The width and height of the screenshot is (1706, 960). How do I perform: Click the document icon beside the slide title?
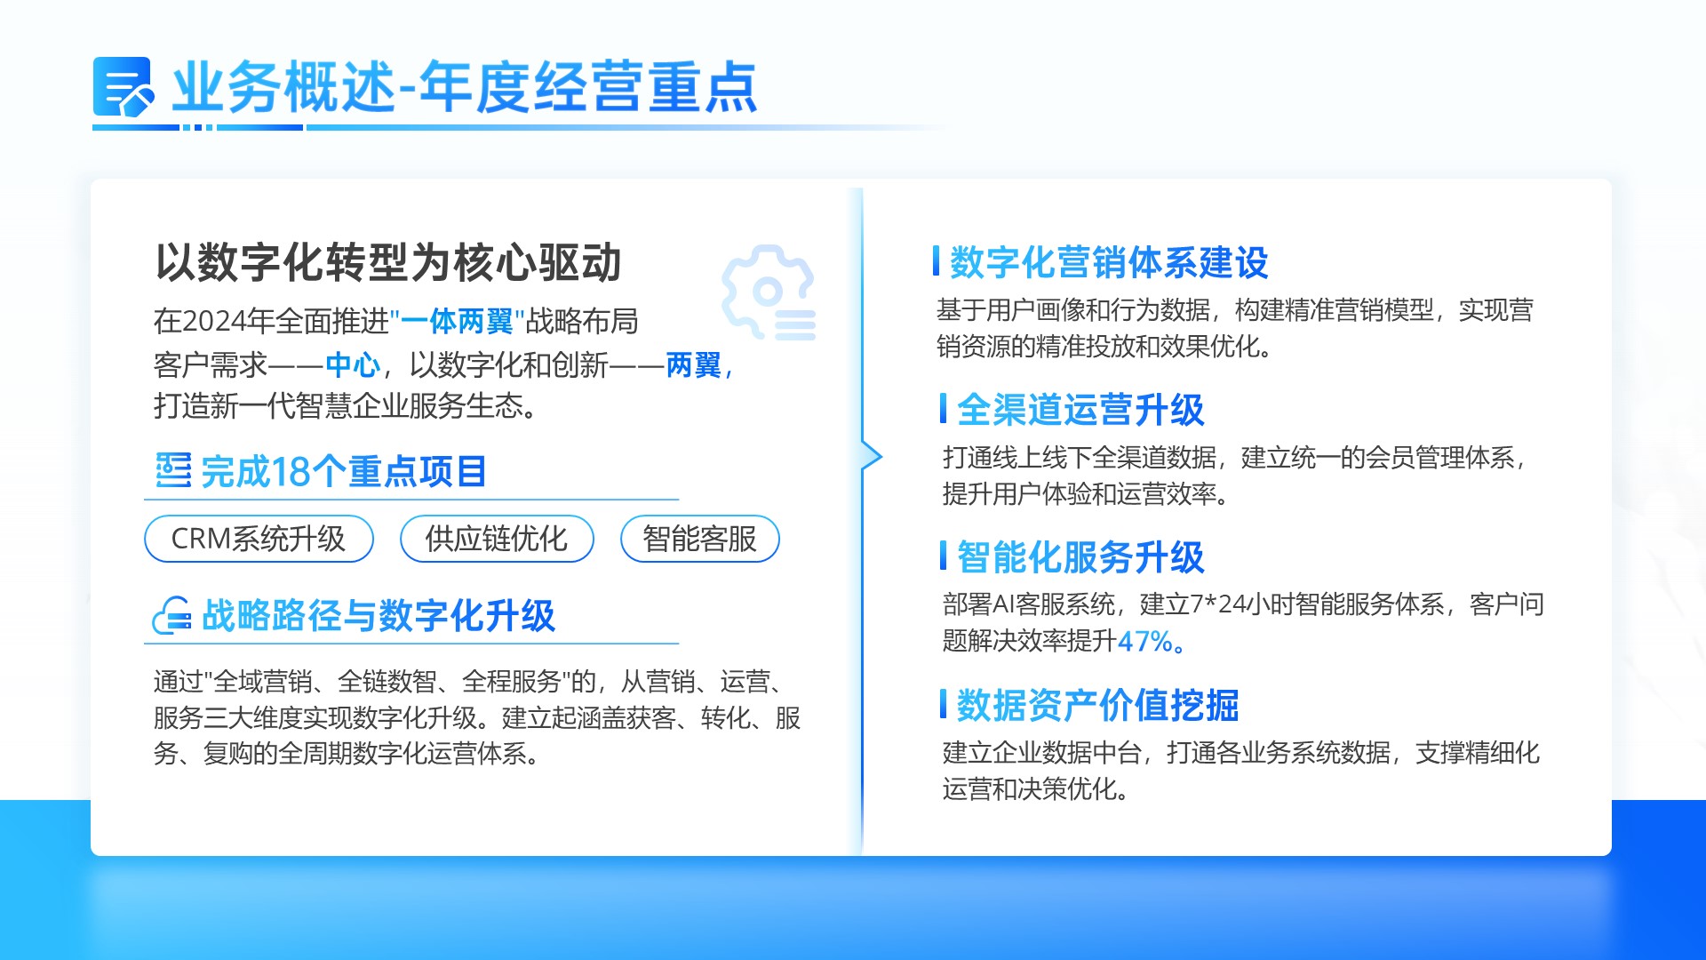124,87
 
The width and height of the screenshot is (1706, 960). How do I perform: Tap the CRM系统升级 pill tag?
259,539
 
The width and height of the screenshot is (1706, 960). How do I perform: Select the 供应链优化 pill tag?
497,539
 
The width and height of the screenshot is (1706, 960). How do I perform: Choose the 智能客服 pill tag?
699,539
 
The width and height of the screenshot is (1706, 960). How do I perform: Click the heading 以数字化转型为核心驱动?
388,262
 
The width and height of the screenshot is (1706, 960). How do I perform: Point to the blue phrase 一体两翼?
458,321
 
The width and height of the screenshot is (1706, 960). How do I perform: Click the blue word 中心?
353,364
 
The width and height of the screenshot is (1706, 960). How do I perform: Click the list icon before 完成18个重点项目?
173,470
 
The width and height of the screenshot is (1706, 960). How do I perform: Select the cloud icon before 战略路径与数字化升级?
171,615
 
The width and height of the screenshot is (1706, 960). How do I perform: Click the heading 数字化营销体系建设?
1109,262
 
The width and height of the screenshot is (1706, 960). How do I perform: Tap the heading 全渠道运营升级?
1080,410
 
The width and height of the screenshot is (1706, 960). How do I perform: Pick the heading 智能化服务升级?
1080,557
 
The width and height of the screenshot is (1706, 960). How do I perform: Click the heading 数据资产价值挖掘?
1098,705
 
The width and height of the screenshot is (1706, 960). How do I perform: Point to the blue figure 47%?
1145,641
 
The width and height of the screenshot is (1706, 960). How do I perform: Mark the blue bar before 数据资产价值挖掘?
943,704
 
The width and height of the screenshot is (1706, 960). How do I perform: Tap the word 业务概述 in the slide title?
283,87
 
